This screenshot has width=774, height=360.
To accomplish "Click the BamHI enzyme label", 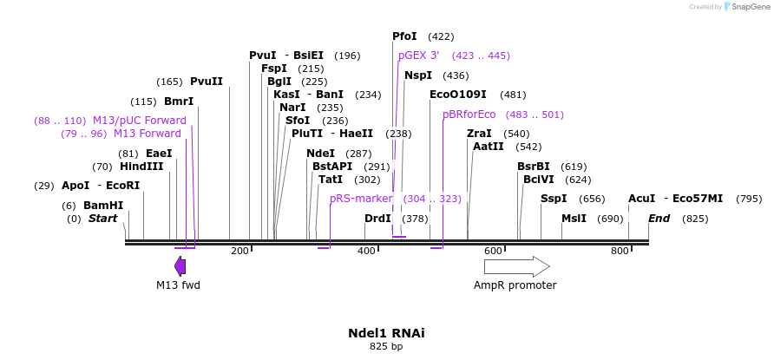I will [x=103, y=206].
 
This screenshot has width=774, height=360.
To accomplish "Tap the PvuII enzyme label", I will [x=207, y=82].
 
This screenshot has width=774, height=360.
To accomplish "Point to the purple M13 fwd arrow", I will [x=180, y=265].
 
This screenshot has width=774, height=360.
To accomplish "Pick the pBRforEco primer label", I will [x=469, y=115].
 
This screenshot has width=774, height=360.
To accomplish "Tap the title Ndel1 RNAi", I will [x=386, y=333].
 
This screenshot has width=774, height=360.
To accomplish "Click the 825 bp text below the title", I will [x=386, y=347].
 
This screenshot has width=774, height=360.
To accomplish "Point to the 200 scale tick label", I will [x=239, y=251].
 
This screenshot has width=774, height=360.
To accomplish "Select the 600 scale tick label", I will [x=493, y=251].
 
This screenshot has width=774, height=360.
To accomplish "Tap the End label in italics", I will [x=659, y=219].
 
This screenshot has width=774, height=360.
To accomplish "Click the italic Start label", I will [x=102, y=219].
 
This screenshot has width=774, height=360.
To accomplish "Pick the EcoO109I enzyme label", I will [x=457, y=95].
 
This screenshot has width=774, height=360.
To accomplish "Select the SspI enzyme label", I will [x=554, y=199].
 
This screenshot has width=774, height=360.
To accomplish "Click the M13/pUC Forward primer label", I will [x=140, y=121].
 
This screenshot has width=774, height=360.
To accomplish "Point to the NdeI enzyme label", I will [x=321, y=154].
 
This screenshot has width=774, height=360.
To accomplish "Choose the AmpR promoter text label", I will [x=515, y=285].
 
